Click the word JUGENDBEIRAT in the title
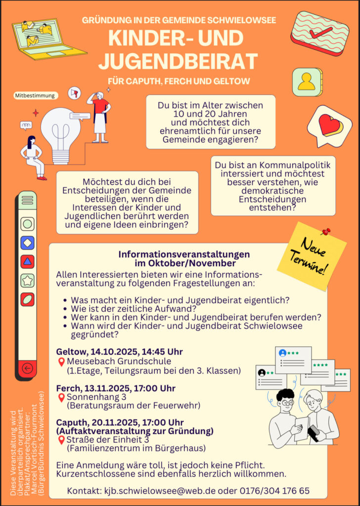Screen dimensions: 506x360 (178, 61)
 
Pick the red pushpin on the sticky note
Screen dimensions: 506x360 (325, 231)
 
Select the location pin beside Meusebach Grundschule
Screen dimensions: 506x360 (61, 362)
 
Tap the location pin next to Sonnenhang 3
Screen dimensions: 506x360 (61, 397)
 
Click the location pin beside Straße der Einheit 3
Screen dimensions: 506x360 (61, 440)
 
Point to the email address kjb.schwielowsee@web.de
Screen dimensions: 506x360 (158, 491)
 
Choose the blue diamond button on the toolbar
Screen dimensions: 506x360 (28, 243)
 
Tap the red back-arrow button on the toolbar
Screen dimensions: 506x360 (28, 368)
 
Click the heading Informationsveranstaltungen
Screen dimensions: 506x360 (184, 254)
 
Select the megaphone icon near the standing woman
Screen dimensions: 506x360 (75, 93)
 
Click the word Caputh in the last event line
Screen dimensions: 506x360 (71, 422)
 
